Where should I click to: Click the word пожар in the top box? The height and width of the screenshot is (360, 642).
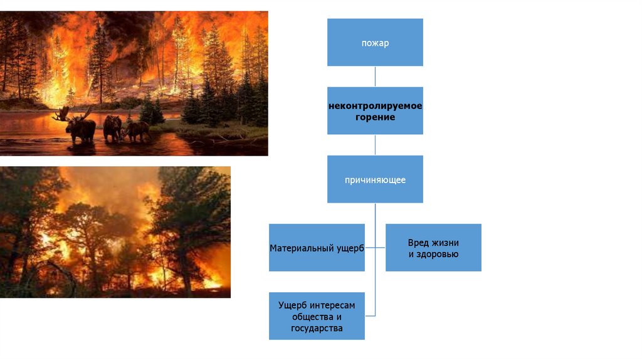pos(375,43)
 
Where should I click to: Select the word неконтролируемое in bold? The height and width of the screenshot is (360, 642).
pos(375,106)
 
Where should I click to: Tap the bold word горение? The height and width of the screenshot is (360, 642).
pos(375,117)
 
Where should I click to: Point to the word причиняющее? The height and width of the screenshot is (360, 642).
pos(375,180)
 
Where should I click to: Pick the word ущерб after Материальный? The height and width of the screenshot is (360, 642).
pos(349,248)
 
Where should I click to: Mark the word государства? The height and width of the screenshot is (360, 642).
pos(317,328)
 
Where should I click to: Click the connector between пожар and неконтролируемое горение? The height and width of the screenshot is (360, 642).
pos(375,77)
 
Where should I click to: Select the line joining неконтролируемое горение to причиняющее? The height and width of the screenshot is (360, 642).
pos(375,145)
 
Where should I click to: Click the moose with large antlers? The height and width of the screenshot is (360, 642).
pos(80,127)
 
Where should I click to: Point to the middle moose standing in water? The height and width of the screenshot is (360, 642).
pos(112,127)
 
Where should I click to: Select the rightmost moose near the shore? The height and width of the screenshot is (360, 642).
pos(138,130)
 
